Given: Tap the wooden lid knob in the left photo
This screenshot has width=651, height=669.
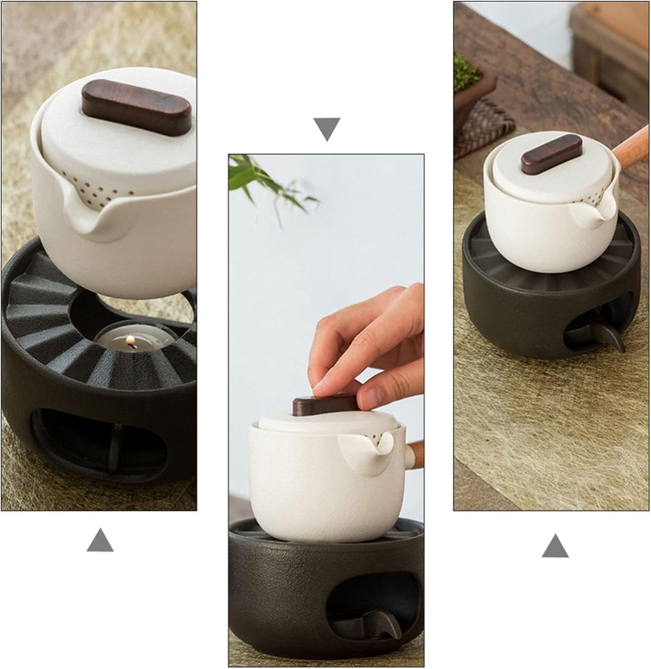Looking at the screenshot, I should click(x=136, y=107).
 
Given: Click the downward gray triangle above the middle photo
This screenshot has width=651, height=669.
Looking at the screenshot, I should click(x=327, y=128).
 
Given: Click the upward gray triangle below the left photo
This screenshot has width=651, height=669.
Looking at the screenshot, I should click(x=100, y=540).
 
